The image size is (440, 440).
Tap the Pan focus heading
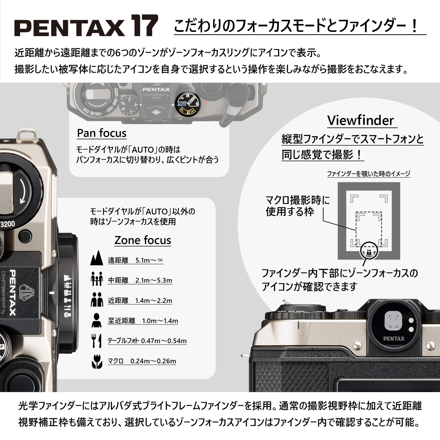(101, 133)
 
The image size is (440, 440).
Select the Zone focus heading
(143, 240)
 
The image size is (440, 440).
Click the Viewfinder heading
(360, 120)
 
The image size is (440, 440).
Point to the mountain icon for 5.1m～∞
(97, 258)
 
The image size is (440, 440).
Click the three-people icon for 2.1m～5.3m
(97, 279)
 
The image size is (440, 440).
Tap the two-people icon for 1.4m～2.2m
(97, 299)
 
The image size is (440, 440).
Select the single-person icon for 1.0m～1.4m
(97, 320)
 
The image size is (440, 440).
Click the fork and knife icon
(97, 340)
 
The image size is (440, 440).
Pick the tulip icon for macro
(97, 361)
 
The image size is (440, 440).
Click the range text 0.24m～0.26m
(153, 361)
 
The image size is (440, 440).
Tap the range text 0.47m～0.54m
(164, 341)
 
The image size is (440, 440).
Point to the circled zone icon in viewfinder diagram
(369, 252)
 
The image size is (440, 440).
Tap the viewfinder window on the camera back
(393, 321)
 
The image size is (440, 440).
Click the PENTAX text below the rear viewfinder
(394, 339)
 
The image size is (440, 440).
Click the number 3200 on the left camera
(8, 224)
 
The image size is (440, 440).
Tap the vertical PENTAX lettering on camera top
(13, 292)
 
